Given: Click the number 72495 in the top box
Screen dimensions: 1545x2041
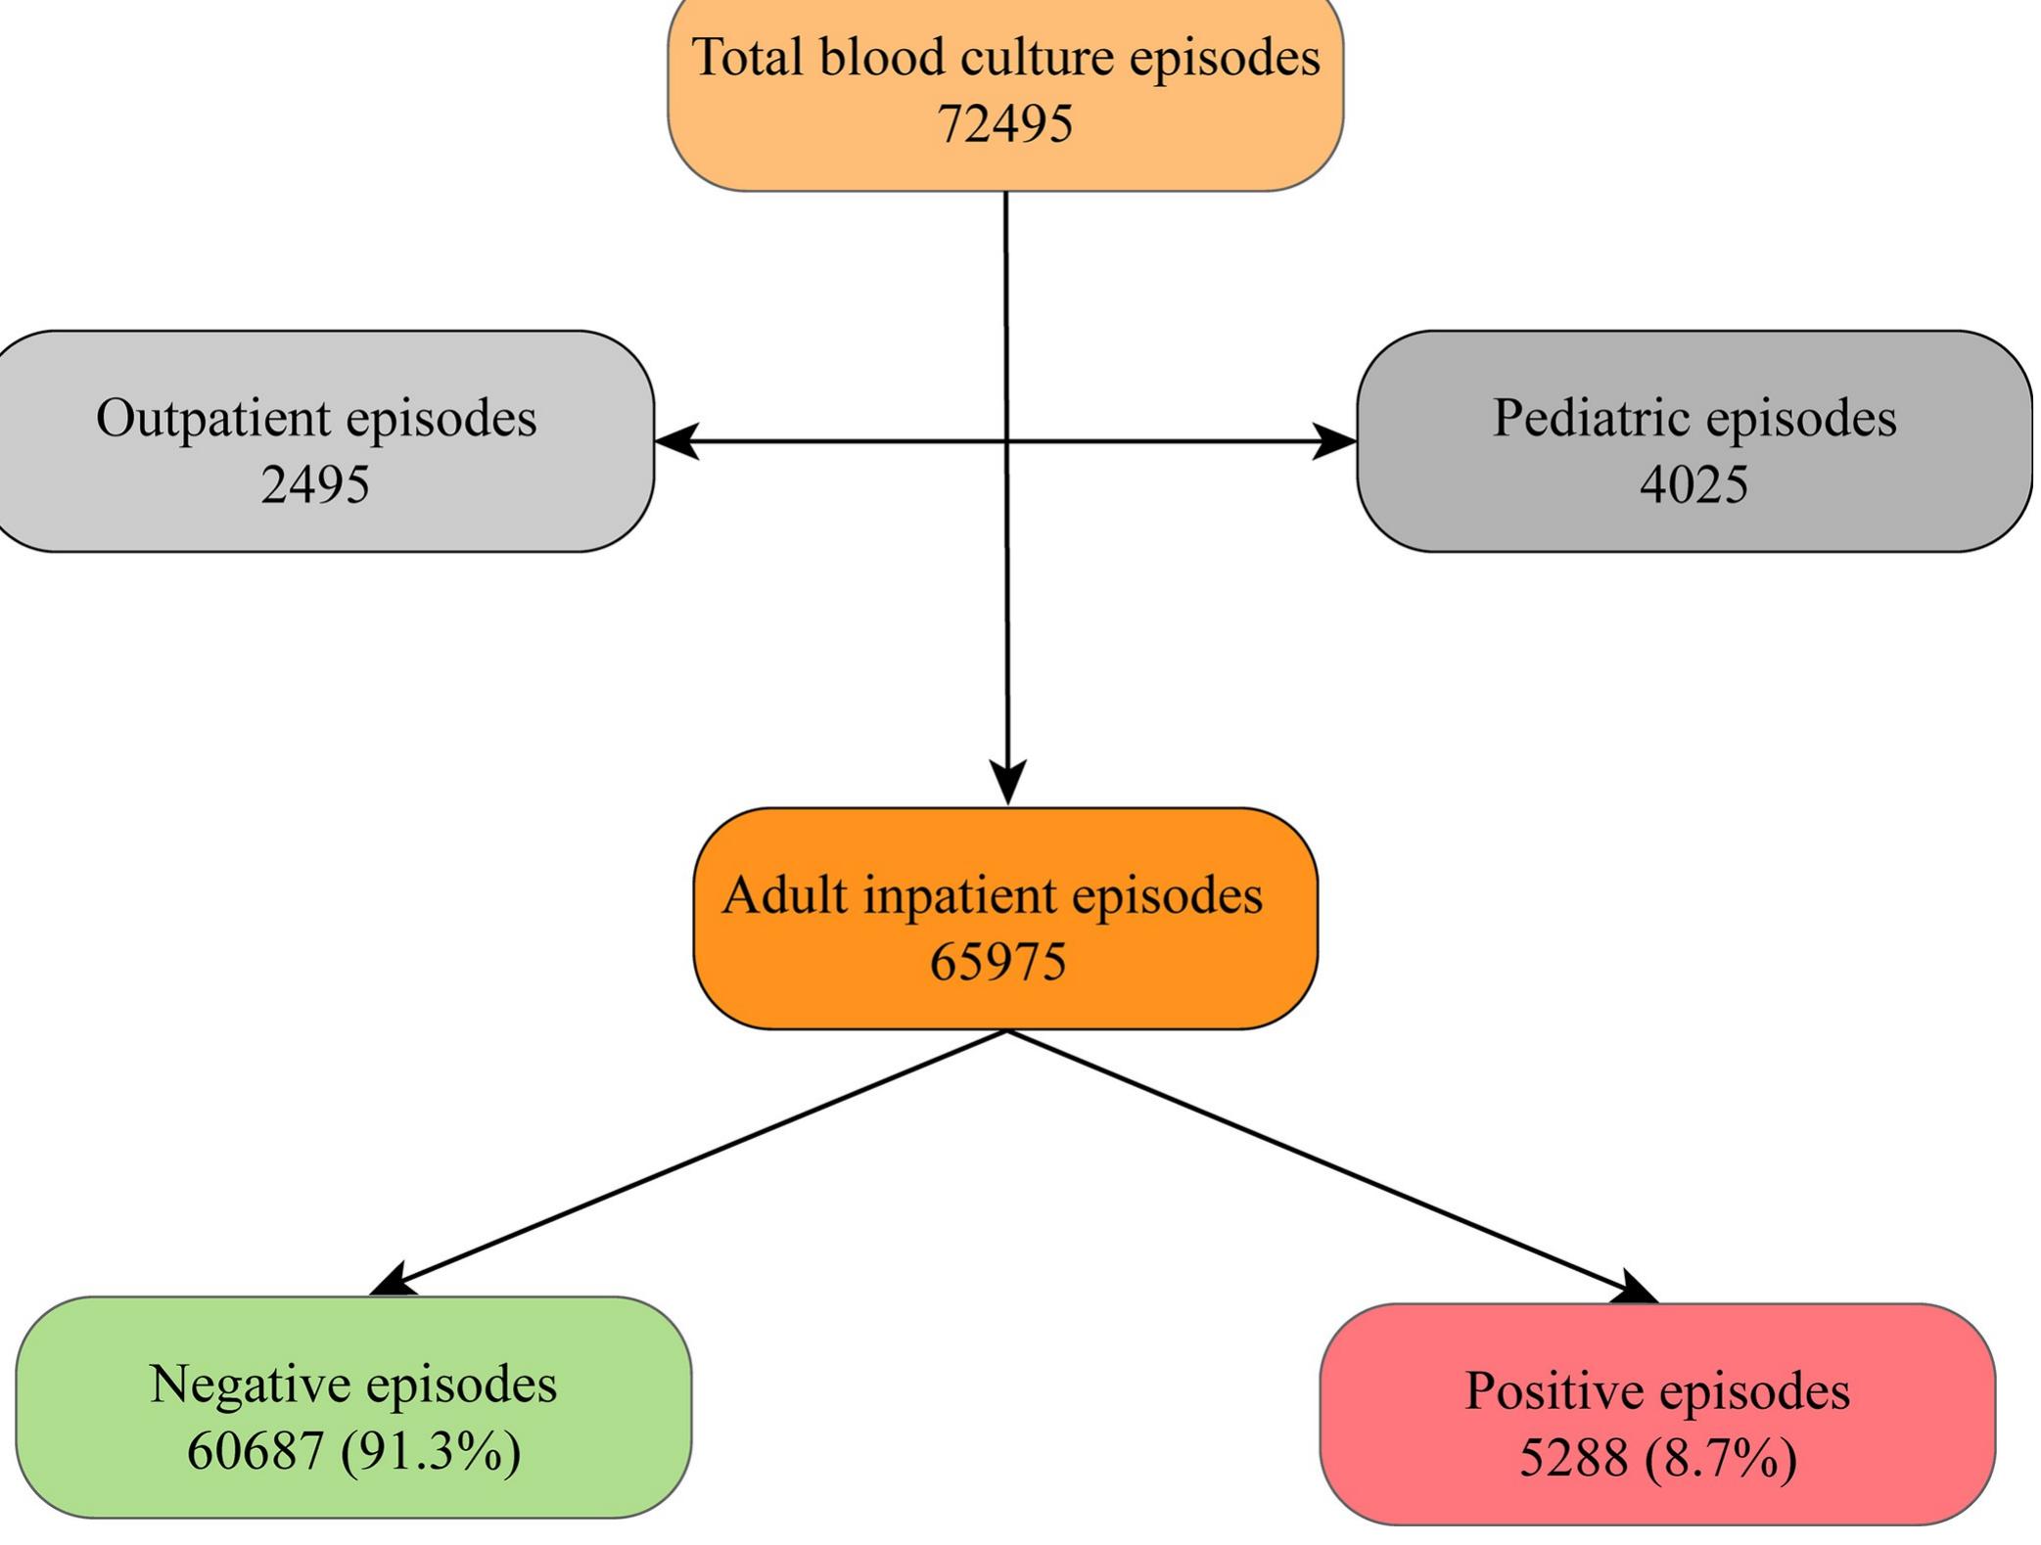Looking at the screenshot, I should [1004, 124].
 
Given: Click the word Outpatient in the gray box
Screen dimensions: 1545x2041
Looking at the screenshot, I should [212, 419].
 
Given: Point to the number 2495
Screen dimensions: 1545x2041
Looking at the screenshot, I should [315, 484].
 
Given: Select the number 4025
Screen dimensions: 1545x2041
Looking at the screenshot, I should [1693, 484].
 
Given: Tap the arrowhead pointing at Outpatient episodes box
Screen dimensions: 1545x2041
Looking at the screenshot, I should [677, 441].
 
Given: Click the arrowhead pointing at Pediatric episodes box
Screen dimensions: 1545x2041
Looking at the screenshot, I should [1333, 441].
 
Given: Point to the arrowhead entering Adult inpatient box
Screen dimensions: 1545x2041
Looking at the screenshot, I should [1008, 782].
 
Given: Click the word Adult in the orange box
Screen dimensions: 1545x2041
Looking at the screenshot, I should [785, 895].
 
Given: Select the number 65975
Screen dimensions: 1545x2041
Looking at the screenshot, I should [997, 962].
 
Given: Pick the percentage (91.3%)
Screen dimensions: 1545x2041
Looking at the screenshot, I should [431, 1451].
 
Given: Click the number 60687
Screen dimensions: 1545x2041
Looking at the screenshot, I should [255, 1451].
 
